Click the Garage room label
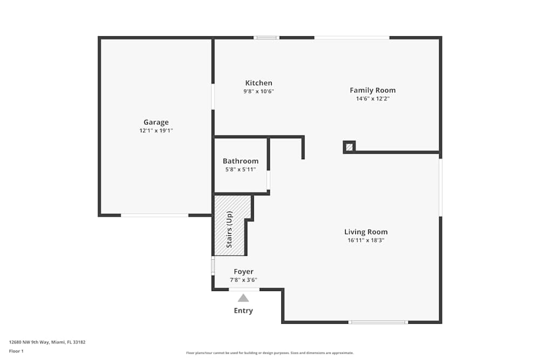coord(156,123)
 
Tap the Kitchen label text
coord(259,83)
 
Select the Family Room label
coord(373,90)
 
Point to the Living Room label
coord(366,232)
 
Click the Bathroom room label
coord(240,161)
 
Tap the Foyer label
coord(244,271)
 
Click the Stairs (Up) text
coord(229,229)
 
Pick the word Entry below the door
coord(243,310)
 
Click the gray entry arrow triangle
coord(244,298)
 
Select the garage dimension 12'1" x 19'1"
coord(156,131)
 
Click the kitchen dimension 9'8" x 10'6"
coord(259,91)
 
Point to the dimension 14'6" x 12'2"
coord(373,98)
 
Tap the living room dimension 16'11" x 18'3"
coord(366,240)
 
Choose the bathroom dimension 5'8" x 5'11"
coord(240,169)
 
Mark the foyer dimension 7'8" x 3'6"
coord(244,280)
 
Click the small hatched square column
coord(349,146)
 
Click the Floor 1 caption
coord(16,351)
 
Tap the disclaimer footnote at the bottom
coord(270,353)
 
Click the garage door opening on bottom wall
coord(154,215)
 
